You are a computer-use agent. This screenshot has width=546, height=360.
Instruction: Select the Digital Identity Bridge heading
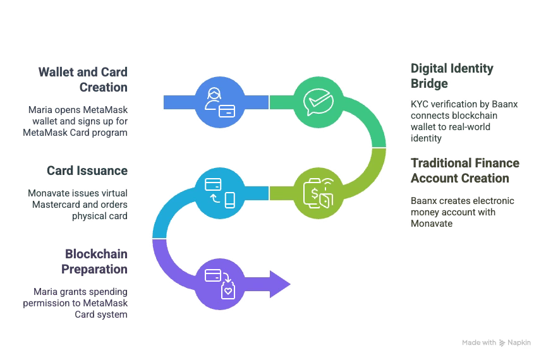(452, 75)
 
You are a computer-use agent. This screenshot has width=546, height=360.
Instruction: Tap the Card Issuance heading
(87, 171)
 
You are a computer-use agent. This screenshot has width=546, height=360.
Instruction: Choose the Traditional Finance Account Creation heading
(464, 171)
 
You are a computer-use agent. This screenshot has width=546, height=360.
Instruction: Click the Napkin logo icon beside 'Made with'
(503, 342)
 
